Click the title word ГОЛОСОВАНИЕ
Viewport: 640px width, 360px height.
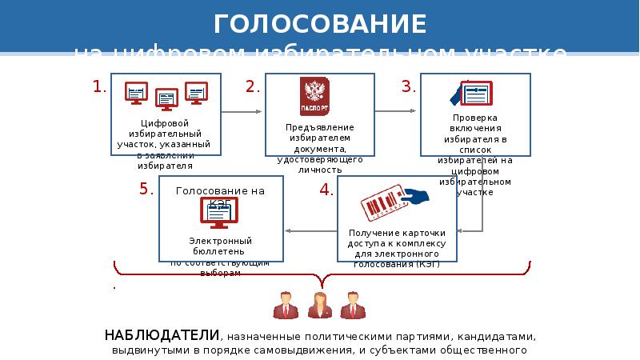320,23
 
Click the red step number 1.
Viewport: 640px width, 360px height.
100,86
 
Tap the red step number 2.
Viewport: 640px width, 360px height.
254,86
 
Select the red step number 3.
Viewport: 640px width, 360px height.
409,86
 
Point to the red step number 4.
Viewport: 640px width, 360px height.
326,190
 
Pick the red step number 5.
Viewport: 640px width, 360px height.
146,190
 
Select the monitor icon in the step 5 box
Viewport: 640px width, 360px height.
218,213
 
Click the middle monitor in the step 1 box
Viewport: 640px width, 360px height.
167,99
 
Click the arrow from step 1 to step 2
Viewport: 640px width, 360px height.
242,113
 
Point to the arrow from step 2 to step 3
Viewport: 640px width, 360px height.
398,113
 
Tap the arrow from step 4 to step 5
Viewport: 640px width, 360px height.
312,232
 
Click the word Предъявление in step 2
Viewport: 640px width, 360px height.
319,128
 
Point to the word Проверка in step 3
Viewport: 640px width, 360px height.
474,118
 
